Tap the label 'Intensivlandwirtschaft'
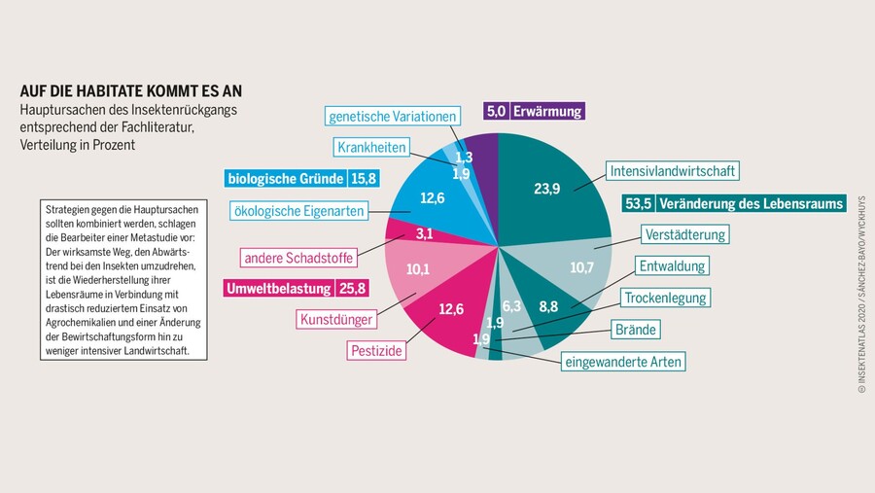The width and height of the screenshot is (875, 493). point(672,171)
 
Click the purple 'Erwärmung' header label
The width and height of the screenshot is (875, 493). point(534,111)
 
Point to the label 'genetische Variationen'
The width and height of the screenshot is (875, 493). point(392,117)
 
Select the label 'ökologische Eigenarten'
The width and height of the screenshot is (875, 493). point(298,210)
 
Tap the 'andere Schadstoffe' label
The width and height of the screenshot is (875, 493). point(299,258)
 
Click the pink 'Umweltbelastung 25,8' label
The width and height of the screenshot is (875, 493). point(296,288)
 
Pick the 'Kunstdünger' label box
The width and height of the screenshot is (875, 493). point(333,318)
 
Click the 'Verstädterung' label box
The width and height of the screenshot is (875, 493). point(684,234)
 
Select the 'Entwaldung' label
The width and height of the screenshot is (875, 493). point(672,265)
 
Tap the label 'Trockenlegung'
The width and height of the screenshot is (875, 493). point(666,297)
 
